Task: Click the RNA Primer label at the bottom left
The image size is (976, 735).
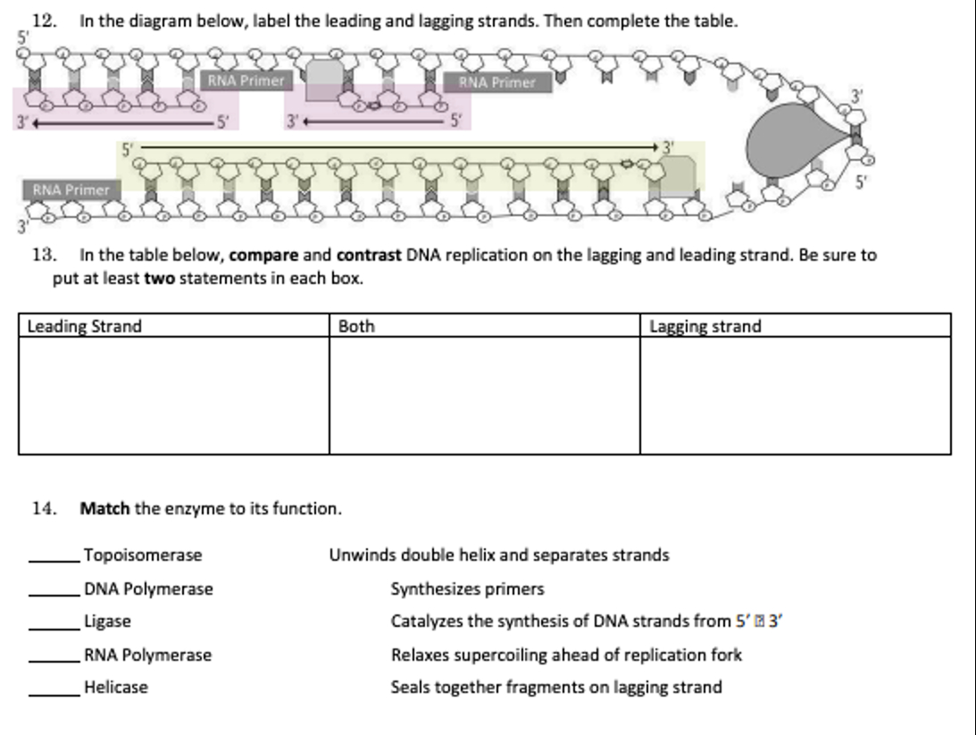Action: [71, 189]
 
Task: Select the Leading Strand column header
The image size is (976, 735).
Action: [84, 326]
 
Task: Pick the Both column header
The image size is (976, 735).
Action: [356, 326]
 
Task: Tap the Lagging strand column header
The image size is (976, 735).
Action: [705, 326]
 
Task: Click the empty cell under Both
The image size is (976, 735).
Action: [484, 395]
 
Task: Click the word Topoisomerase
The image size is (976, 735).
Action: [143, 555]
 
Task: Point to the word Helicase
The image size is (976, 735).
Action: [116, 688]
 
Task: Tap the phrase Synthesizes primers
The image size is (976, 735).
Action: [467, 589]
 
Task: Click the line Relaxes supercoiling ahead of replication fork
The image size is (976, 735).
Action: [566, 655]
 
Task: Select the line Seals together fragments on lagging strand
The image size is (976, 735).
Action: [556, 688]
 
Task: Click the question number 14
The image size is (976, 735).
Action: [44, 509]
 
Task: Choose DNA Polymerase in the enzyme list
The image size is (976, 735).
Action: [148, 589]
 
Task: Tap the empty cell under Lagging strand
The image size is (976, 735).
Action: [795, 395]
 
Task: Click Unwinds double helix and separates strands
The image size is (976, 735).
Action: [498, 555]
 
